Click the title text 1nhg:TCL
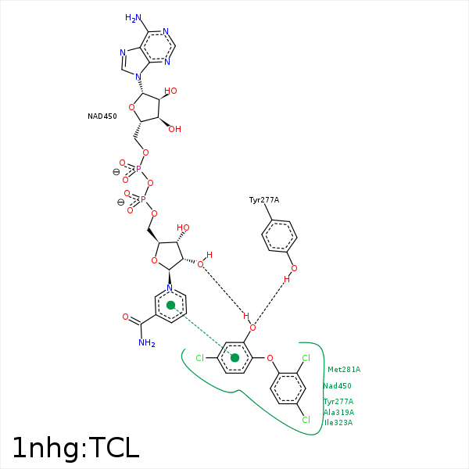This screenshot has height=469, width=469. click(75, 447)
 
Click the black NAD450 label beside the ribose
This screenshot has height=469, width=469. click(102, 116)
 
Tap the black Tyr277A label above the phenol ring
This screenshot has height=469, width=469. click(264, 200)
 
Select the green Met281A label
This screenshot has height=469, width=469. click(344, 370)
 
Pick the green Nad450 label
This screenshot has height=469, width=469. click(337, 386)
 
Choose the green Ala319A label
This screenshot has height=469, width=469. click(338, 413)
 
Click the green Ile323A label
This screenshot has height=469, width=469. click(338, 423)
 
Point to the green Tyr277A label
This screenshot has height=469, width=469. click(338, 402)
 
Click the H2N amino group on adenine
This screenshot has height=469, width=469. click(134, 17)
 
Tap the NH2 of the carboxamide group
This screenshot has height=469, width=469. click(146, 342)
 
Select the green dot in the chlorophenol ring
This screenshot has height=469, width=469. click(234, 358)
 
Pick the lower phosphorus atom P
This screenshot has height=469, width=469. click(143, 199)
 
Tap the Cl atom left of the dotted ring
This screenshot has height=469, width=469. click(199, 358)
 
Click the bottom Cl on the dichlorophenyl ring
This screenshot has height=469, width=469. click(306, 420)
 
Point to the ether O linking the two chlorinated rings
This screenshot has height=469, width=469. click(270, 359)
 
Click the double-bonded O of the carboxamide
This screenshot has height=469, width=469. click(125, 317)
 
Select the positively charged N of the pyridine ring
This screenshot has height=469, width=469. click(170, 288)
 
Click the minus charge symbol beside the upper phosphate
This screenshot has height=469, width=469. click(116, 172)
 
